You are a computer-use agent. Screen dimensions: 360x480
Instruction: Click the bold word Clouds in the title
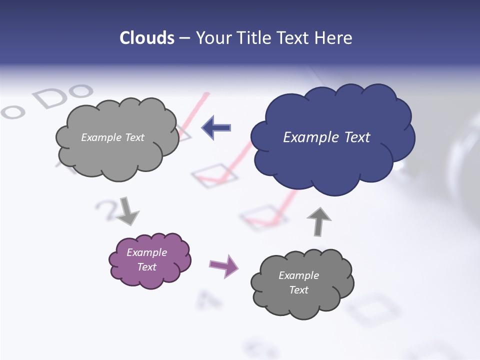coord(147,38)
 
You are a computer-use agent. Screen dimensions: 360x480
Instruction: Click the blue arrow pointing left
coord(216,127)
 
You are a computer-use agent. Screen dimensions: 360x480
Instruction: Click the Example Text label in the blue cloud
coord(326,137)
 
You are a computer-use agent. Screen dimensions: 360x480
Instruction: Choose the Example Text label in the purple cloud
coord(147,259)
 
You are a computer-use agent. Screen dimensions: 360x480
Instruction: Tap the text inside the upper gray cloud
coord(112,137)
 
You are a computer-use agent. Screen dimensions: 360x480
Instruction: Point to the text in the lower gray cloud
coord(298,282)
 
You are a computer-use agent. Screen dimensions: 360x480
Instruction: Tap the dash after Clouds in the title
coord(184,38)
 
